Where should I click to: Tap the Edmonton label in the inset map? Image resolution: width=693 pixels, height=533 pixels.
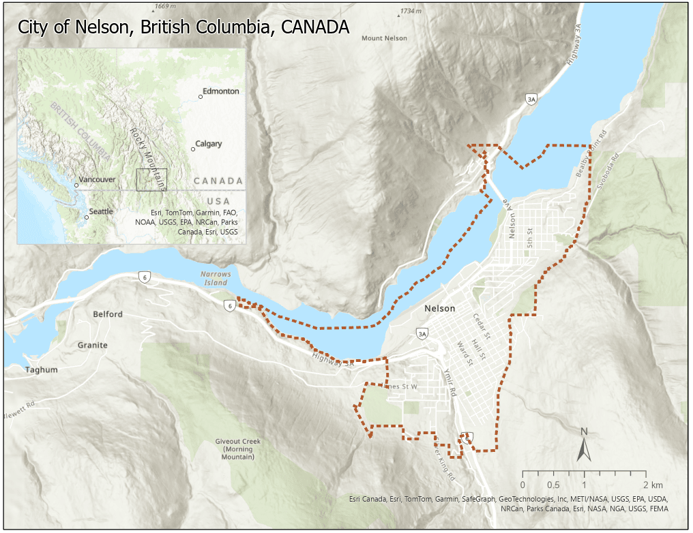pyautogui.click(x=221, y=91)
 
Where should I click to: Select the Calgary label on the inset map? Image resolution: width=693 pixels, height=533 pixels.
pyautogui.click(x=209, y=144)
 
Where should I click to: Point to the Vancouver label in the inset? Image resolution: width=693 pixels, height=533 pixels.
pyautogui.click(x=96, y=180)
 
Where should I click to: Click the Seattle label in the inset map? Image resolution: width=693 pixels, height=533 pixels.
pyautogui.click(x=101, y=211)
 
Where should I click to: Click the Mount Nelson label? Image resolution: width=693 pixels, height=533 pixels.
pyautogui.click(x=384, y=38)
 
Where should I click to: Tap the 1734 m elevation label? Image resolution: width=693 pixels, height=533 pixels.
pyautogui.click(x=411, y=12)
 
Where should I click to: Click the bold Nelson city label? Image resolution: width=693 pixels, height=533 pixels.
pyautogui.click(x=439, y=309)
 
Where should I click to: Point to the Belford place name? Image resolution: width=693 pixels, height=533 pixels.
pyautogui.click(x=108, y=314)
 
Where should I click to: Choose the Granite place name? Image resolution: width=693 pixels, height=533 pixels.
pyautogui.click(x=92, y=345)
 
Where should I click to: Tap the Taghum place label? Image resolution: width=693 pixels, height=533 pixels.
pyautogui.click(x=41, y=370)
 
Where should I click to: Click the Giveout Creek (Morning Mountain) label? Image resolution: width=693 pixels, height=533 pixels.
pyautogui.click(x=234, y=449)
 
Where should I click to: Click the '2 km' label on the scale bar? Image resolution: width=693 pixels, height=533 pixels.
pyautogui.click(x=652, y=485)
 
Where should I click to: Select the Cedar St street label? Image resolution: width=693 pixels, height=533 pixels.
pyautogui.click(x=482, y=326)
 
